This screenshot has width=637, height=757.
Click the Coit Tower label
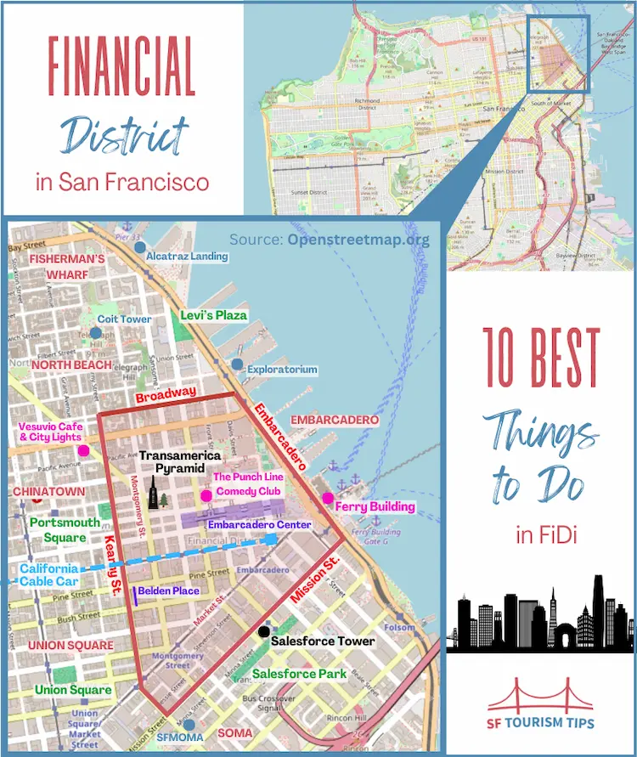point(124,319)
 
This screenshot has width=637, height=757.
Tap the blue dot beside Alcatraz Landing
point(138,246)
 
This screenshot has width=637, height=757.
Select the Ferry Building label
point(375,507)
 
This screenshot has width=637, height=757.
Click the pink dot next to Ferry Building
point(328,498)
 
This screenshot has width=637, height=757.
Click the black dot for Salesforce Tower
point(264,631)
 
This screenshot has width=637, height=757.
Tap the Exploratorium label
point(282,370)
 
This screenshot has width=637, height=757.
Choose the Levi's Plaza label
point(213,315)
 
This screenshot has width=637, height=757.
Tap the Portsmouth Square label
point(58,530)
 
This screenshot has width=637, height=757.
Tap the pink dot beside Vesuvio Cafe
point(83,450)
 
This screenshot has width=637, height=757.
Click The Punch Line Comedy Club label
point(248,484)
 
